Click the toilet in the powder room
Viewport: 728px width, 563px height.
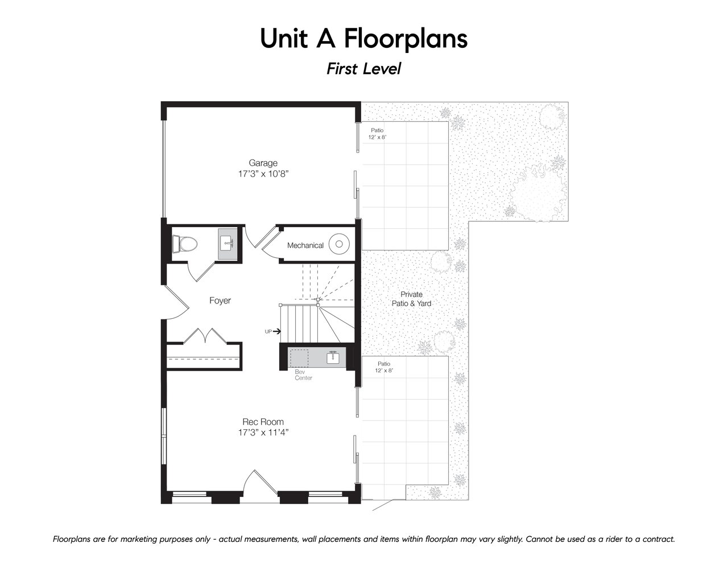point(184,244)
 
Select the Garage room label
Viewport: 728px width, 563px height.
point(263,163)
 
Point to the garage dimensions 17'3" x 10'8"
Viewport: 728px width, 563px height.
point(263,174)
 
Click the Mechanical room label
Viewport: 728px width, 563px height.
point(305,245)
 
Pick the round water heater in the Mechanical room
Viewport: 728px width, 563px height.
point(339,244)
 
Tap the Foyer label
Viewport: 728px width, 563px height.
point(220,301)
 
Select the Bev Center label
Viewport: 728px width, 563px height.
point(304,375)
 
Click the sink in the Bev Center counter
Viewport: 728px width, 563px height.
point(333,357)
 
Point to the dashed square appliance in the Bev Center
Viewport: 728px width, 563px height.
point(299,359)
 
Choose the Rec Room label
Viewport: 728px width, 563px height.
point(263,421)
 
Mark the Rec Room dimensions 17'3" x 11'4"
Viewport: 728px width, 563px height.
point(263,433)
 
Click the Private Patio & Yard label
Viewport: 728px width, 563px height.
point(411,299)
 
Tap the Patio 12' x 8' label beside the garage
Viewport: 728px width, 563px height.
point(377,133)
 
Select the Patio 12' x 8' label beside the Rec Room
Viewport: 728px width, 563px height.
point(384,367)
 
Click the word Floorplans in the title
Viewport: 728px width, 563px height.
point(406,39)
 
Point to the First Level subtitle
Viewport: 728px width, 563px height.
point(364,69)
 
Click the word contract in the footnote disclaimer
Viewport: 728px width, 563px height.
point(657,539)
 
